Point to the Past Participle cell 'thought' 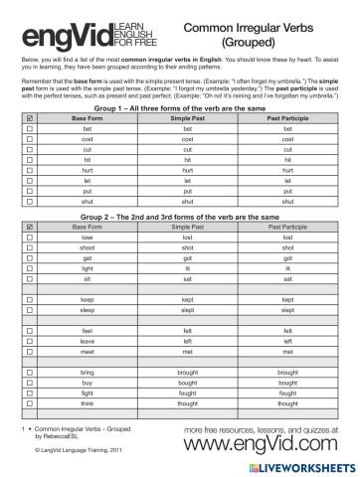pos(288,403)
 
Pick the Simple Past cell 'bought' pos(189,383)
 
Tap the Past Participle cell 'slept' pos(288,310)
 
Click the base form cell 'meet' pos(88,352)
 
